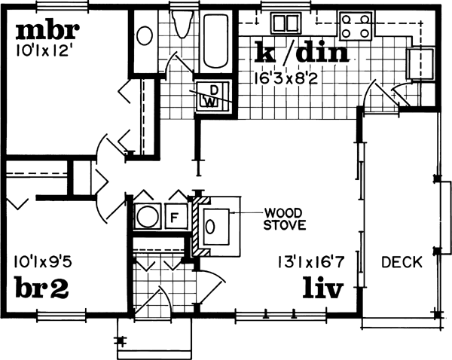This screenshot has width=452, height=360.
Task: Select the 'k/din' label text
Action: tap(301, 53)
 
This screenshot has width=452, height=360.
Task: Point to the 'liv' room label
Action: tap(325, 288)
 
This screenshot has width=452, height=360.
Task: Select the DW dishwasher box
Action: tap(213, 96)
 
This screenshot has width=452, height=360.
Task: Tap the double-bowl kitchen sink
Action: tap(287, 23)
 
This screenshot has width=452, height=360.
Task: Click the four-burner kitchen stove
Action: tap(356, 26)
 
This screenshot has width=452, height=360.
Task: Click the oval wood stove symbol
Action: tap(215, 225)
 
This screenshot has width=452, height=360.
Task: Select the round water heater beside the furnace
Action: tap(147, 218)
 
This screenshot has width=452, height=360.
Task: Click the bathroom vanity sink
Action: tap(144, 34)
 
